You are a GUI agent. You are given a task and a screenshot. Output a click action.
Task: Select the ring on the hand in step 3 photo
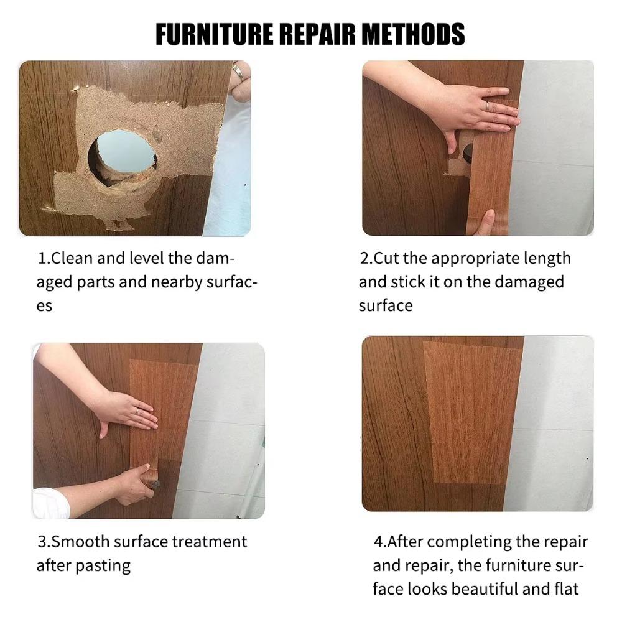138,411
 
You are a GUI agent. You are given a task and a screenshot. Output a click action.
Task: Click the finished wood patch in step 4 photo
473,411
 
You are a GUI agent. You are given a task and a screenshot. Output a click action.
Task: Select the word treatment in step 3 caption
209,541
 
